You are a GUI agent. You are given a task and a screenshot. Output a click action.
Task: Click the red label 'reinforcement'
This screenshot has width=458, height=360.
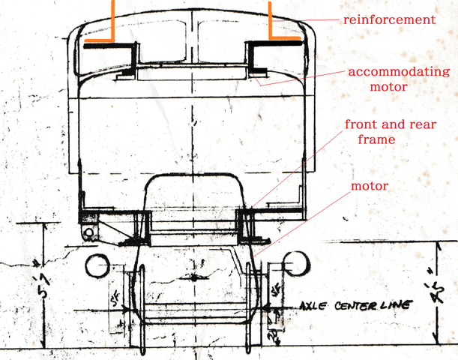(388, 19)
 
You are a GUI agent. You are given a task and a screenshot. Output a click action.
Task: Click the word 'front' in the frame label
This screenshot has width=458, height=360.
(361, 124)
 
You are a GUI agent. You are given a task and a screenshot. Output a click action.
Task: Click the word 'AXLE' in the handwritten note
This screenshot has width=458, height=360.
(313, 306)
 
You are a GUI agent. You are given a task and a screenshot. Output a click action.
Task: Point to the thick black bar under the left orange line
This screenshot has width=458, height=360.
(105, 46)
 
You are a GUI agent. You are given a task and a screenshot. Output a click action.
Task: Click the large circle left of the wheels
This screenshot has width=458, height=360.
(97, 265)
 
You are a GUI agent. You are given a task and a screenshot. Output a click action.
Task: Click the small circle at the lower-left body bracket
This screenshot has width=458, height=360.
(89, 232)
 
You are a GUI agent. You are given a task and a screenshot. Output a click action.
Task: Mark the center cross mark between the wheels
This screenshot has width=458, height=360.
(193, 277)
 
